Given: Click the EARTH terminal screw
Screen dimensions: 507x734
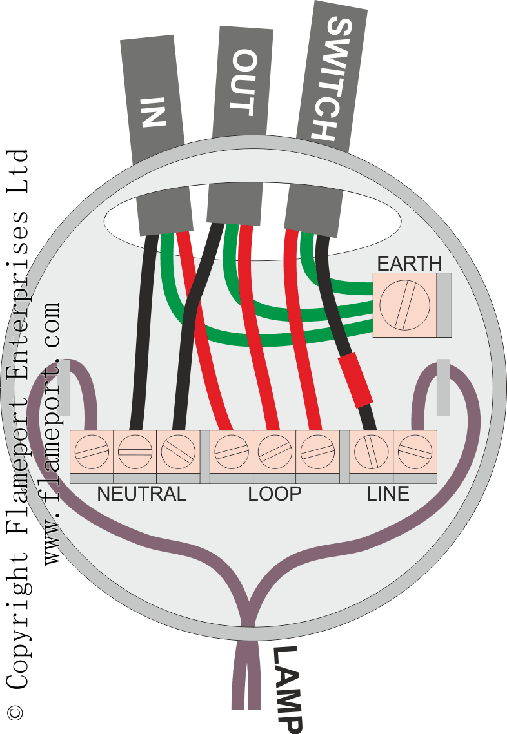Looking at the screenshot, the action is coord(404,305).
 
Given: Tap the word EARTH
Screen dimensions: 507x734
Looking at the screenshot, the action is coord(410,264).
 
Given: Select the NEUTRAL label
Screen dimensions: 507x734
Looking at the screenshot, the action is coord(141,494).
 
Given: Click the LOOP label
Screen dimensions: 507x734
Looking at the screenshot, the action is coord(275,494).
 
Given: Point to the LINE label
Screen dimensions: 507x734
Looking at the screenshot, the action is coord(388,494).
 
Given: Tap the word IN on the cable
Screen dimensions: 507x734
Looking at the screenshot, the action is coord(154,112).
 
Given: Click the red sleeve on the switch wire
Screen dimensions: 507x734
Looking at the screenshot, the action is coord(355,380).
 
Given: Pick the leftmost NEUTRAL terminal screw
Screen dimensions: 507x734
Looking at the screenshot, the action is coord(92,452).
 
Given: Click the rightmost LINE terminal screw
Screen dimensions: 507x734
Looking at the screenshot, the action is coord(415,452).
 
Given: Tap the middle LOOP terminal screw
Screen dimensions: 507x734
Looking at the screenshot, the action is coord(275,452).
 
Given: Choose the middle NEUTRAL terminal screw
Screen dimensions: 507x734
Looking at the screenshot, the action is coord(135,452).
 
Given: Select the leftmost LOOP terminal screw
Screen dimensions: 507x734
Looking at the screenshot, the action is coord(232,452).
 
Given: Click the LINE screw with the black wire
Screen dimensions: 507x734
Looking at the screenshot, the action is coord(372,452).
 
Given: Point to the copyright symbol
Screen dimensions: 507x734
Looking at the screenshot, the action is coord(15,713).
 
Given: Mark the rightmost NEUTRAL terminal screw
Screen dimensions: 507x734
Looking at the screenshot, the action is coord(178,452).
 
